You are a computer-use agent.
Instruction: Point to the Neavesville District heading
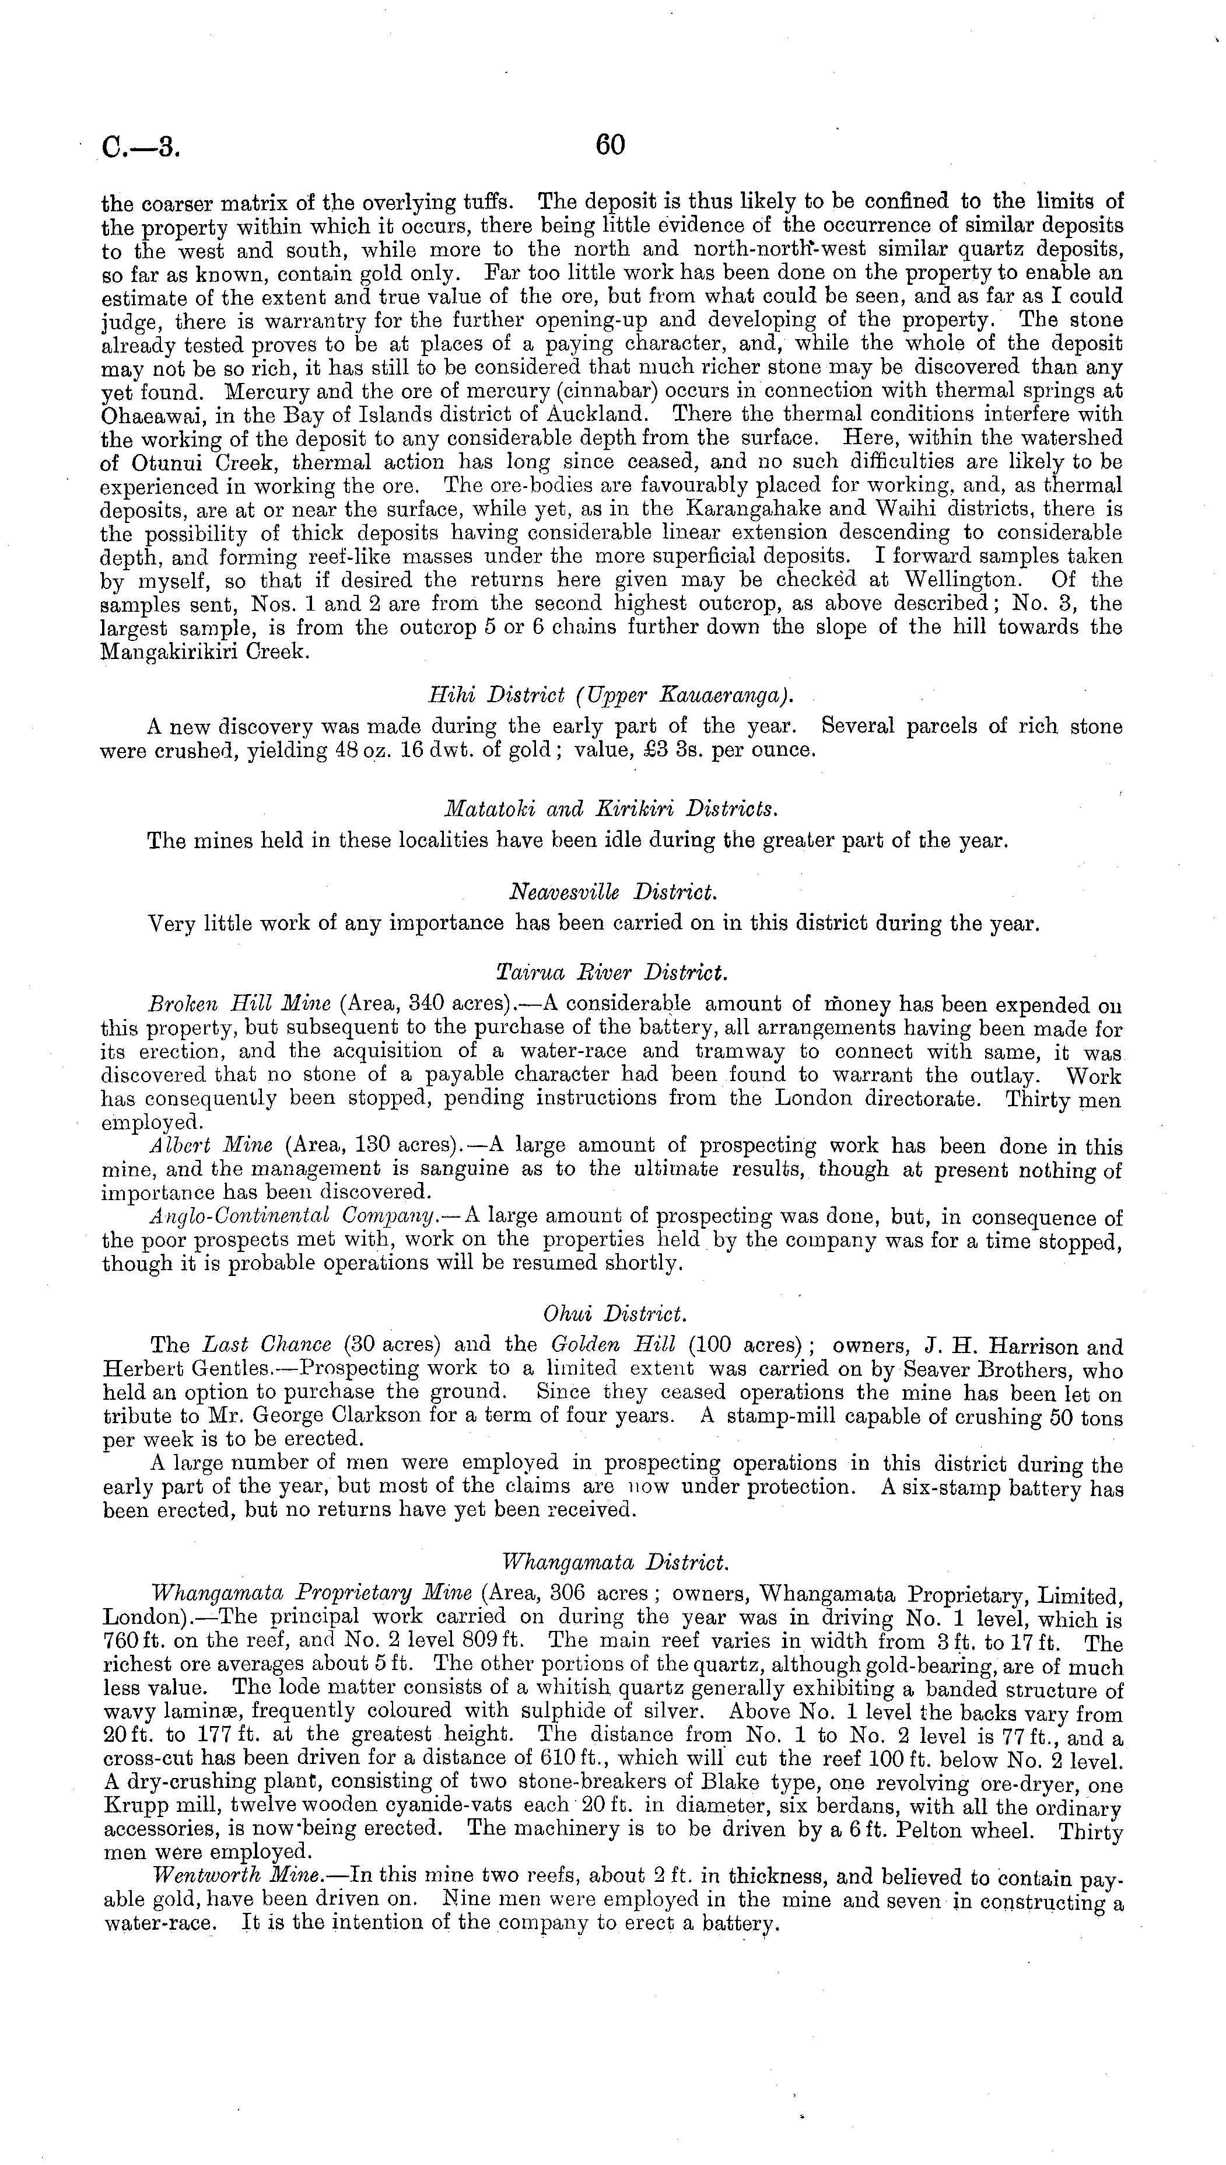coord(612,892)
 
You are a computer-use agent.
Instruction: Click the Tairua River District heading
coord(612,973)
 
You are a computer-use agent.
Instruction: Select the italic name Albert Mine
coord(211,1146)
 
